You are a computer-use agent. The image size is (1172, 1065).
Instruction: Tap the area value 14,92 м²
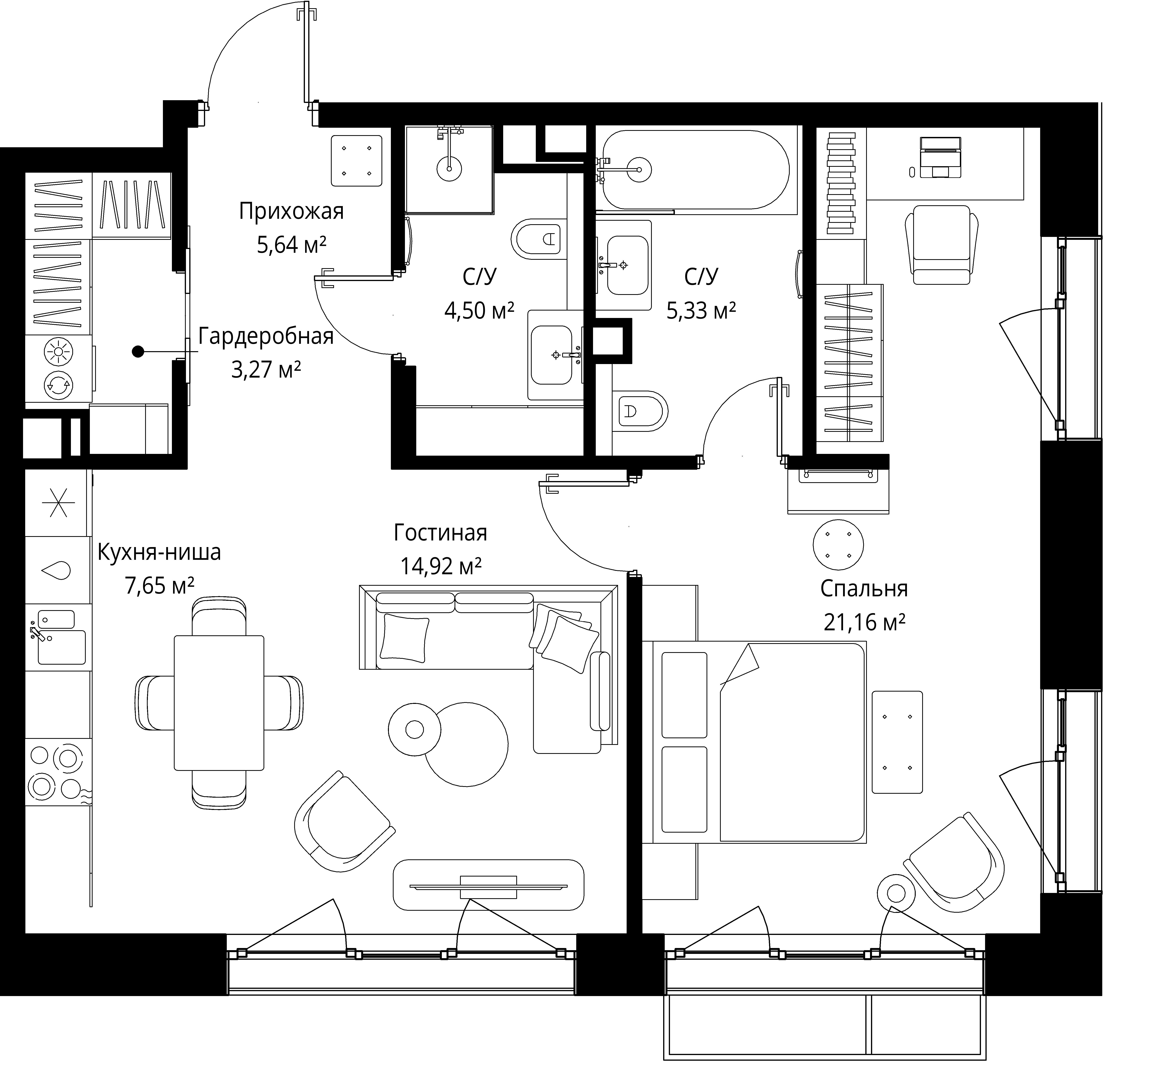tap(441, 566)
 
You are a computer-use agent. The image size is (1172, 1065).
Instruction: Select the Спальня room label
tap(864, 589)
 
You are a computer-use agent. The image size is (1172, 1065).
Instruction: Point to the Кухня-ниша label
tap(159, 552)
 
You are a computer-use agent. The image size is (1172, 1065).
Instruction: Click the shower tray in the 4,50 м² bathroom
tap(449, 169)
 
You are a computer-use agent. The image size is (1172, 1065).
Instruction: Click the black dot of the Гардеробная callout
tap(138, 351)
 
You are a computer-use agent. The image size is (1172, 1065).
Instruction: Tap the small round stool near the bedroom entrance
tap(838, 545)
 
